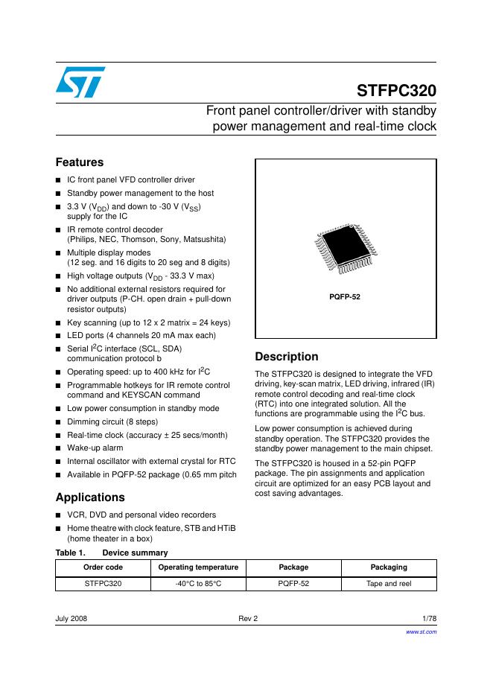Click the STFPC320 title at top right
[396, 91]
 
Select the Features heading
[80, 162]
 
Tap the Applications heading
[90, 497]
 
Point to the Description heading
[286, 357]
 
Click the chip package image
[345, 252]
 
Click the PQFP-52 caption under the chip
[345, 296]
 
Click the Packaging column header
[389, 567]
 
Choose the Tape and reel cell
[389, 584]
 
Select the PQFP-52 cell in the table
[293, 584]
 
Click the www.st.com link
[421, 631]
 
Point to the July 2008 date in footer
[71, 619]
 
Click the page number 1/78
[429, 619]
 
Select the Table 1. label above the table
[70, 553]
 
